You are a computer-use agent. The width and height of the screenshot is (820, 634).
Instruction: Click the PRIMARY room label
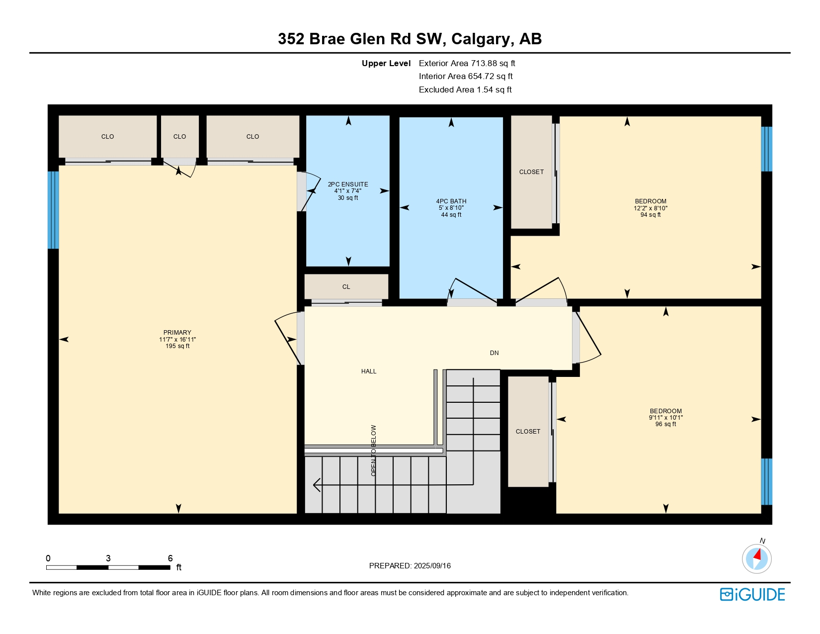point(177,333)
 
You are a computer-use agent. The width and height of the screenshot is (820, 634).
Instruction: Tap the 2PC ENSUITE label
point(348,184)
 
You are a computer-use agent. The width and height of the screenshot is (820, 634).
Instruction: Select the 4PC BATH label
point(451,201)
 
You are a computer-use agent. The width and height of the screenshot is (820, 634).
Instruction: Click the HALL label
point(369,371)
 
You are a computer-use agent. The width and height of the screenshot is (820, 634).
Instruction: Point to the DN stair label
point(494,353)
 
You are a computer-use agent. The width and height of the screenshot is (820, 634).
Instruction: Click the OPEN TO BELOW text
point(374,451)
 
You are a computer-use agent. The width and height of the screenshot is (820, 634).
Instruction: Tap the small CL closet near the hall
point(346,287)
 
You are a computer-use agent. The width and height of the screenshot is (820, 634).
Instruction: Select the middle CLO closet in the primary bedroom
point(179,137)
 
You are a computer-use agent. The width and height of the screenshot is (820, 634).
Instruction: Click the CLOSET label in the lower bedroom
point(528,432)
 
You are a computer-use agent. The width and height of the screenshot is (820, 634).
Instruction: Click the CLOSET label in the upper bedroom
point(531,172)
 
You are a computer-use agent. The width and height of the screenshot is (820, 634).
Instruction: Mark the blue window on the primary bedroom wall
point(53,210)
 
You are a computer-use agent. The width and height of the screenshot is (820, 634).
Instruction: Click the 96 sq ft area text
point(665,424)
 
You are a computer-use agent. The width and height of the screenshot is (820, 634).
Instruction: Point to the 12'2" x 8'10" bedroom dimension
point(651,208)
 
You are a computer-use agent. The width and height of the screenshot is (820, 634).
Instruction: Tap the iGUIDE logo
point(752,595)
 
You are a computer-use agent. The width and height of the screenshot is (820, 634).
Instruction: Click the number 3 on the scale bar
point(108,558)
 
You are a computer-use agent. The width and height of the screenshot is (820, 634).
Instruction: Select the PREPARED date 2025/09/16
point(431,566)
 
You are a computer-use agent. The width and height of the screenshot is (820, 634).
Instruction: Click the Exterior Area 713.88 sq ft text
point(467,63)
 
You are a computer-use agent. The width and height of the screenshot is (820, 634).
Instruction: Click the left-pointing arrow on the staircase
point(317,484)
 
